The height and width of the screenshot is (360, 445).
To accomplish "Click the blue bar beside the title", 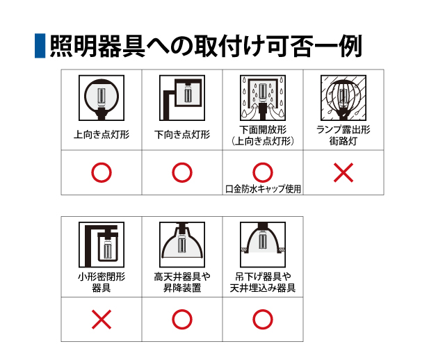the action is (x=40, y=46).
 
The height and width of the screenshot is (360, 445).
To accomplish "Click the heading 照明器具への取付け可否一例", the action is (x=206, y=47).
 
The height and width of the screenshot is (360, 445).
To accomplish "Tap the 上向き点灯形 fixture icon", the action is (x=102, y=98).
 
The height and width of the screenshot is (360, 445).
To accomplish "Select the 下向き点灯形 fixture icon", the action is (x=182, y=98).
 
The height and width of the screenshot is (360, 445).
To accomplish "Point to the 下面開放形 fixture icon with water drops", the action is (x=263, y=98).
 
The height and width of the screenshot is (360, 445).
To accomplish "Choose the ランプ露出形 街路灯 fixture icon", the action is (x=343, y=98).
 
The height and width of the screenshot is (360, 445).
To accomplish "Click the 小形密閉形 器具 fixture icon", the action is (x=102, y=245).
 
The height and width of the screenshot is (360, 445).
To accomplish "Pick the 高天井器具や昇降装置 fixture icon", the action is (x=182, y=245).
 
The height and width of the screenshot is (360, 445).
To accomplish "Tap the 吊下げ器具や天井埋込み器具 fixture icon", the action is (x=263, y=245).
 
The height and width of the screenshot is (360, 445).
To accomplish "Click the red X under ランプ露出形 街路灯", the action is (x=343, y=172).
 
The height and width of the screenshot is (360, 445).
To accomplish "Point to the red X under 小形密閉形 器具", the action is (x=102, y=320).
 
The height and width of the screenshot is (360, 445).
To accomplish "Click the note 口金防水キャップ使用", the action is (x=263, y=189).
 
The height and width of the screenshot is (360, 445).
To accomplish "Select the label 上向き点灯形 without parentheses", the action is (x=102, y=134).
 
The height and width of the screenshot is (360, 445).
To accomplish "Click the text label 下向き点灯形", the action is (x=182, y=134).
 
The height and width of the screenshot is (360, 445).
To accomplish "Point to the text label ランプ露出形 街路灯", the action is (x=343, y=136).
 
